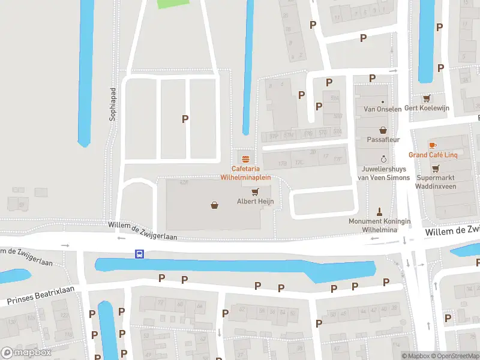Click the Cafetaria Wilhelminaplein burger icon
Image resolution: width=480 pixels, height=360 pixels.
[245, 159]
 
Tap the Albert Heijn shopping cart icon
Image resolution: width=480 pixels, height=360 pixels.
[255, 192]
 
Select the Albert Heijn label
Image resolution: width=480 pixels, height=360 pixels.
[255, 201]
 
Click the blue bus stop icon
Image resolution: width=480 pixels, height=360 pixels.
[139, 254]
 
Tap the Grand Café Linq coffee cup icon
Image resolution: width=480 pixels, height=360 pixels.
[433, 145]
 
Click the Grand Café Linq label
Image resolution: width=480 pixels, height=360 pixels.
[433, 155]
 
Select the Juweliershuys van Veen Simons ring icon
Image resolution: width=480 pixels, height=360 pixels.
[384, 159]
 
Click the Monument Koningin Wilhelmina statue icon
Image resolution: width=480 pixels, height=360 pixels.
[379, 212]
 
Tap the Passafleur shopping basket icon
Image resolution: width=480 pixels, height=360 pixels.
[383, 130]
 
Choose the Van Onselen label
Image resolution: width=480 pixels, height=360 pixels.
[383, 109]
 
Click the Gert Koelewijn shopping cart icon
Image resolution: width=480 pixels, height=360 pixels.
[427, 98]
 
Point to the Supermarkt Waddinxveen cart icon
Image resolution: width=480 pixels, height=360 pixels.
[436, 169]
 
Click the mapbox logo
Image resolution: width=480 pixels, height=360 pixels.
[26, 353]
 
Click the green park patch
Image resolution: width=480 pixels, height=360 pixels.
[172, 4]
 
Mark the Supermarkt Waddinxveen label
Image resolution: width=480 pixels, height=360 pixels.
[436, 182]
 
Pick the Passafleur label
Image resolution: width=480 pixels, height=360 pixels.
[383, 139]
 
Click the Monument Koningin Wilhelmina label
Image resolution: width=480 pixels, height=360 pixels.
[380, 225]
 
